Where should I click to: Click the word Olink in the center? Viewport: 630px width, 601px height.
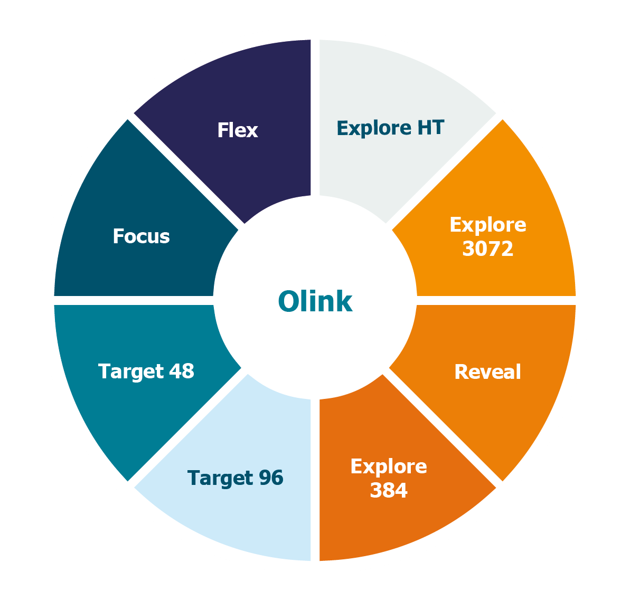click(x=315, y=302)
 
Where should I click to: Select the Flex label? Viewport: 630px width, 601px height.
click(x=237, y=130)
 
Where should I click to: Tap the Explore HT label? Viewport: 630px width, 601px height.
click(x=390, y=128)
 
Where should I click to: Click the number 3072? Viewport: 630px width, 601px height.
click(x=487, y=248)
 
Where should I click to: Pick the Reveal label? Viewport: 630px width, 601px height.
click(x=487, y=372)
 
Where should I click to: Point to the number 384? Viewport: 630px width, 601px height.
click(x=389, y=490)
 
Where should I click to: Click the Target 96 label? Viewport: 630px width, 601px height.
click(x=236, y=478)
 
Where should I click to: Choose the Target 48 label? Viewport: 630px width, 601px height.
click(x=146, y=371)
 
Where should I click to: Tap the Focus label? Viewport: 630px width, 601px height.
click(x=141, y=236)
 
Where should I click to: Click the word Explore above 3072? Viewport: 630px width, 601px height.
click(x=487, y=225)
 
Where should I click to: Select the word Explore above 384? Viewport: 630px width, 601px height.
click(x=389, y=466)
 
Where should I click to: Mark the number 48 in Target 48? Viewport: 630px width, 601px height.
click(x=181, y=371)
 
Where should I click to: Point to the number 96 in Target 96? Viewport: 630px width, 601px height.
click(x=270, y=478)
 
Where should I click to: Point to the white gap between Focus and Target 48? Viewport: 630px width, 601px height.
click(x=132, y=300)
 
